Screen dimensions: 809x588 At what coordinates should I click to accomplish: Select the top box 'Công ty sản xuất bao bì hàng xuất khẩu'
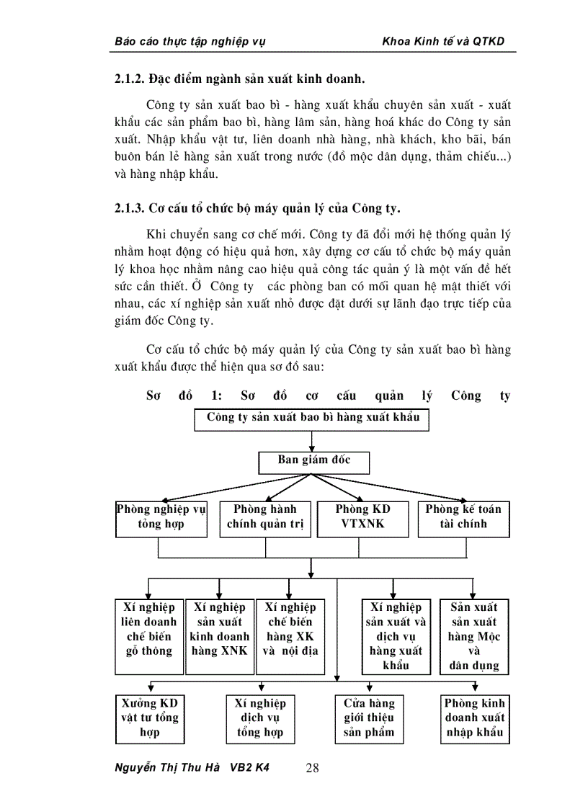click(312, 419)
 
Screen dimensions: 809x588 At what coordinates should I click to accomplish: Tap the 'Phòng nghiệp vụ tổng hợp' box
click(161, 518)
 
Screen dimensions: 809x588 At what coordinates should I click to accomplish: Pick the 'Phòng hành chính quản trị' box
click(265, 518)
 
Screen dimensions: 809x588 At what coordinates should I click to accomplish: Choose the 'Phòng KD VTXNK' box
click(363, 518)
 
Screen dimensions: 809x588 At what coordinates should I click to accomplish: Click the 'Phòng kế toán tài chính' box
click(463, 518)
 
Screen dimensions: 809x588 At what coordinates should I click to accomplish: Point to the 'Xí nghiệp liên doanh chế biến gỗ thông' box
click(149, 636)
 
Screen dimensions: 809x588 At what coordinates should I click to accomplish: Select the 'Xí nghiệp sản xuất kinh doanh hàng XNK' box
click(219, 636)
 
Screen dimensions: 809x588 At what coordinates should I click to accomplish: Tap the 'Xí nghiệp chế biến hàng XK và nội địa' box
click(290, 636)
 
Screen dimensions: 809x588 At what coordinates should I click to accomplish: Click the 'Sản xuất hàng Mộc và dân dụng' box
click(474, 636)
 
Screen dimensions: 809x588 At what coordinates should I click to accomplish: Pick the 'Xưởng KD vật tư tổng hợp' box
click(150, 718)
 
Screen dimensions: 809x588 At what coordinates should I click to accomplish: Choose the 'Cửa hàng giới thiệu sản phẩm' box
click(369, 718)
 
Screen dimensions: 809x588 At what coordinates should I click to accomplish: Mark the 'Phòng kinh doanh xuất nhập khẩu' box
click(475, 718)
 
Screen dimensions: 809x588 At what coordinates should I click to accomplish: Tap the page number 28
click(313, 768)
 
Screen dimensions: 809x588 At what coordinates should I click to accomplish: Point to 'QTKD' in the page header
click(489, 41)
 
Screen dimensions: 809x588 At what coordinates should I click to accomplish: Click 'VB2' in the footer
click(243, 767)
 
